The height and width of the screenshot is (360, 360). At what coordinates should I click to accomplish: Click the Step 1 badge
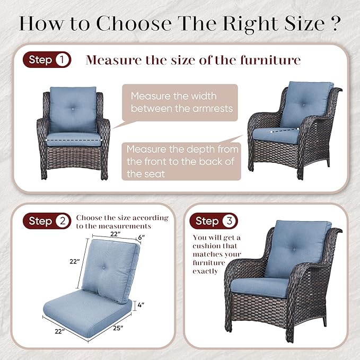coord(47,60)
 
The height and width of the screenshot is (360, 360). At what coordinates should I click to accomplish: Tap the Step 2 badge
coord(47,221)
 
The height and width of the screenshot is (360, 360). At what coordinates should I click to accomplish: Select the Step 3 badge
coord(214,221)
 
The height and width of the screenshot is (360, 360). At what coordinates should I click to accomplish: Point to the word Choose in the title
coord(134,23)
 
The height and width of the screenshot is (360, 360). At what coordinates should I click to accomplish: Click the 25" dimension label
coord(118,328)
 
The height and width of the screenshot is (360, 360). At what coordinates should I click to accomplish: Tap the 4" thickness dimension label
coord(141,305)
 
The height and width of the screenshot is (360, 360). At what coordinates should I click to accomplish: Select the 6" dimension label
coord(142,237)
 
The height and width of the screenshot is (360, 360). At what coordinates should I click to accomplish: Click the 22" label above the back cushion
coord(116,234)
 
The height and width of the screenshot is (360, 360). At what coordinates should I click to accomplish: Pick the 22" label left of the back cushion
coord(75,261)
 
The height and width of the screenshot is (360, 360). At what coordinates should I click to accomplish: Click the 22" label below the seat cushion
coord(60,331)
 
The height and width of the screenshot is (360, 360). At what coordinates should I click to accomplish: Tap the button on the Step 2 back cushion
coord(103,268)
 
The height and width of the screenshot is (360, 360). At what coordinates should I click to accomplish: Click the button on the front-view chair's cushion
coord(73,109)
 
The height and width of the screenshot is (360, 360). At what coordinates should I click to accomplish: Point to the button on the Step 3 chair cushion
coord(294,249)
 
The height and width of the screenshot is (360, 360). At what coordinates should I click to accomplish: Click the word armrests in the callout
coord(213,108)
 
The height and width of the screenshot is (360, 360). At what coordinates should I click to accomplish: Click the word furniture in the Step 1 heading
coord(270,60)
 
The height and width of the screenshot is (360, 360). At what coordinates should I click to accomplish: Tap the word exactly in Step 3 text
coord(205,271)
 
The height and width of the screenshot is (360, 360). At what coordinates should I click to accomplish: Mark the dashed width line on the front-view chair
coord(74,140)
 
